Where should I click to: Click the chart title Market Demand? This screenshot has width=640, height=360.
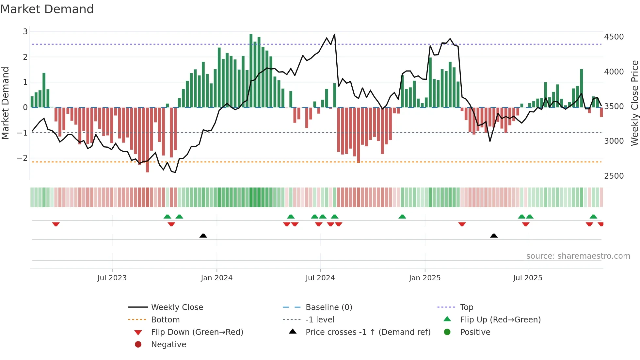pyautogui.click(x=47, y=9)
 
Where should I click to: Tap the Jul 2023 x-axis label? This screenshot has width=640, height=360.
pyautogui.click(x=112, y=278)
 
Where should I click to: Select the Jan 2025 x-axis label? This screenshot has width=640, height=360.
pyautogui.click(x=424, y=278)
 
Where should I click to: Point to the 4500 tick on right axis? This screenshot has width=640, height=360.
pyautogui.click(x=614, y=37)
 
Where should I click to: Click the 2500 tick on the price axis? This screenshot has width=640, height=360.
pyautogui.click(x=614, y=176)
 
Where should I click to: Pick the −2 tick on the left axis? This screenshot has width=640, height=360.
pyautogui.click(x=23, y=158)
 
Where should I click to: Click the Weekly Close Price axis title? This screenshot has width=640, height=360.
pyautogui.click(x=634, y=103)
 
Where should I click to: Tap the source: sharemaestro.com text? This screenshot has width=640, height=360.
pyautogui.click(x=578, y=256)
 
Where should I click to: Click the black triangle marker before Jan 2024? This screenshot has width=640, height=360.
pyautogui.click(x=203, y=236)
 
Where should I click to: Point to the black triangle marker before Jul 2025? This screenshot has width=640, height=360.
pyautogui.click(x=494, y=236)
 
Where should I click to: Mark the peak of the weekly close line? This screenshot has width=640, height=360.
pyautogui.click(x=334, y=34)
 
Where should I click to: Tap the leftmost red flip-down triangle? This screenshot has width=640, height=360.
pyautogui.click(x=56, y=224)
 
